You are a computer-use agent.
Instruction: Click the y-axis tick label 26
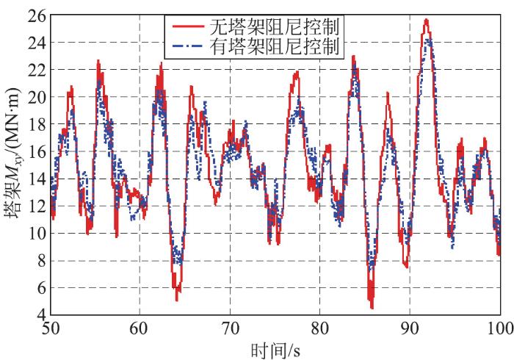click(x=37, y=15)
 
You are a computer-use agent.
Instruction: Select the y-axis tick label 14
click(x=37, y=179)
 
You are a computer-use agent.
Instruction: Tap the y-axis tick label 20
click(x=37, y=97)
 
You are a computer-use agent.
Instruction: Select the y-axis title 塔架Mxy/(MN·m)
click(x=14, y=165)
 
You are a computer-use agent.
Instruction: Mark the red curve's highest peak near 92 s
click(x=426, y=21)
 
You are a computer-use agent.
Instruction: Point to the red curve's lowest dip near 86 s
click(x=372, y=307)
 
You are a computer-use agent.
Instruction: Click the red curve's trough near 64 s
click(x=177, y=299)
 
